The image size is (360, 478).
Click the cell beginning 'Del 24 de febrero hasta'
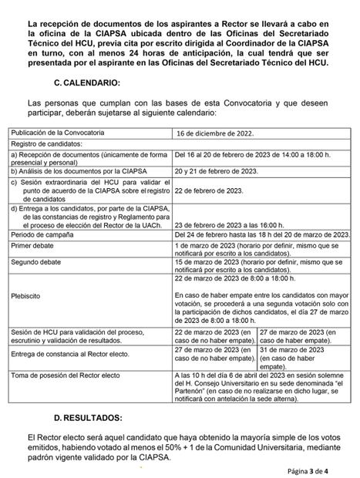[x=261, y=233]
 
